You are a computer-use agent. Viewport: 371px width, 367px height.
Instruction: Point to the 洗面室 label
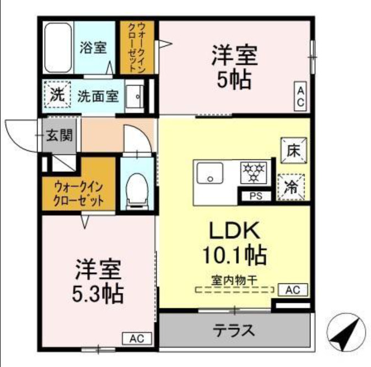(x=98, y=96)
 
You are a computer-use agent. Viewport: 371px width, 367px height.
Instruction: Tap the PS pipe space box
(x=255, y=196)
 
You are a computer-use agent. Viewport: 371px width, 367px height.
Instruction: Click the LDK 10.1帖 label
(x=233, y=243)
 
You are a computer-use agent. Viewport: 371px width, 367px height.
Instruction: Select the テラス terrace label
(x=234, y=331)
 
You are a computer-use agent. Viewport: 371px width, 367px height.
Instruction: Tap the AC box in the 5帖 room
(x=302, y=96)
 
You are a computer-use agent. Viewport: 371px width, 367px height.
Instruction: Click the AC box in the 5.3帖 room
(x=137, y=338)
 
